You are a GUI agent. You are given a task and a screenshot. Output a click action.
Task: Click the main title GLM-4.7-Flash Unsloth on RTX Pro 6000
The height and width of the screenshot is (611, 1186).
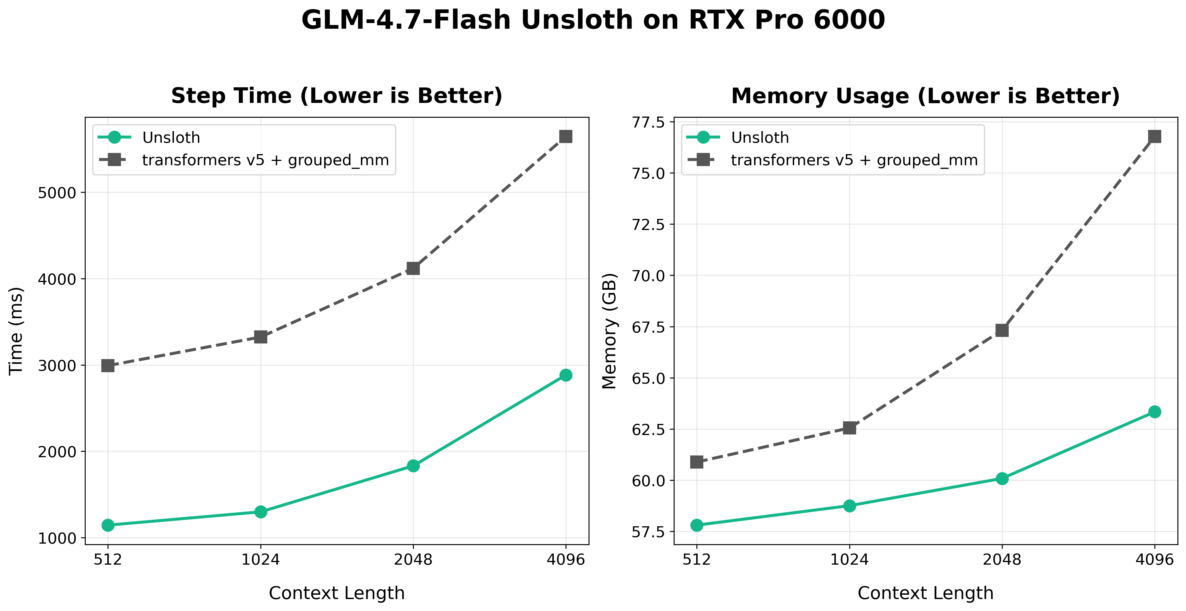593,20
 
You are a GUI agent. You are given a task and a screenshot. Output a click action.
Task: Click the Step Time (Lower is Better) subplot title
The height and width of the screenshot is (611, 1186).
336,96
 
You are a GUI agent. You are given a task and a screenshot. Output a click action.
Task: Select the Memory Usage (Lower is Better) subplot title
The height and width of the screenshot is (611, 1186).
925,96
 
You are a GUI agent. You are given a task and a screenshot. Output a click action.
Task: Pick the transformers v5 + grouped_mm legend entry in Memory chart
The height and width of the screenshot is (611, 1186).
854,160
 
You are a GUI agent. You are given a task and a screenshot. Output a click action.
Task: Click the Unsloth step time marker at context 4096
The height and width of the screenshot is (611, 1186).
566,375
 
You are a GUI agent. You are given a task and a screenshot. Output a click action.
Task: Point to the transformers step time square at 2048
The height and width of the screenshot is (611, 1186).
413,268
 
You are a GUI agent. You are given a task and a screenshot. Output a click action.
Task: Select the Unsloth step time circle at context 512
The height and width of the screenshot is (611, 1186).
108,525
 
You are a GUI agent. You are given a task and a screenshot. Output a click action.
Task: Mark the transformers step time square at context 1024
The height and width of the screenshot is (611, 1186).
261,337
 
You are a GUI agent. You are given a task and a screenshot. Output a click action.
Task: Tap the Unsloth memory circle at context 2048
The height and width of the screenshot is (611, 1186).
1002,479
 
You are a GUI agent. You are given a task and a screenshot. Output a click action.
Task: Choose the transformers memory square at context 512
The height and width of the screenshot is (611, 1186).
696,461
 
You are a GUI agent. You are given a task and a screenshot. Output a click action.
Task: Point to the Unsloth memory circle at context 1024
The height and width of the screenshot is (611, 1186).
850,506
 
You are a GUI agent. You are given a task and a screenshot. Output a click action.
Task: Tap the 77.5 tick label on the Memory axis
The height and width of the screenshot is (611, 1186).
648,122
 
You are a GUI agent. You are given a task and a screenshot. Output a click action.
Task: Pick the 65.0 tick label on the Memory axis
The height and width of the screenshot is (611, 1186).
648,378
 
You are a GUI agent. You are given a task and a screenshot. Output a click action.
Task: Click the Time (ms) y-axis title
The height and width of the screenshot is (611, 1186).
16,331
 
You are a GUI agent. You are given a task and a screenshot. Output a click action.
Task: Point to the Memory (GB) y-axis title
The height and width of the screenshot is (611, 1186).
610,331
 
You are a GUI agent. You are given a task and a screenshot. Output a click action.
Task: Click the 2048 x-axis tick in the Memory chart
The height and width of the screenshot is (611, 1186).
1002,560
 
